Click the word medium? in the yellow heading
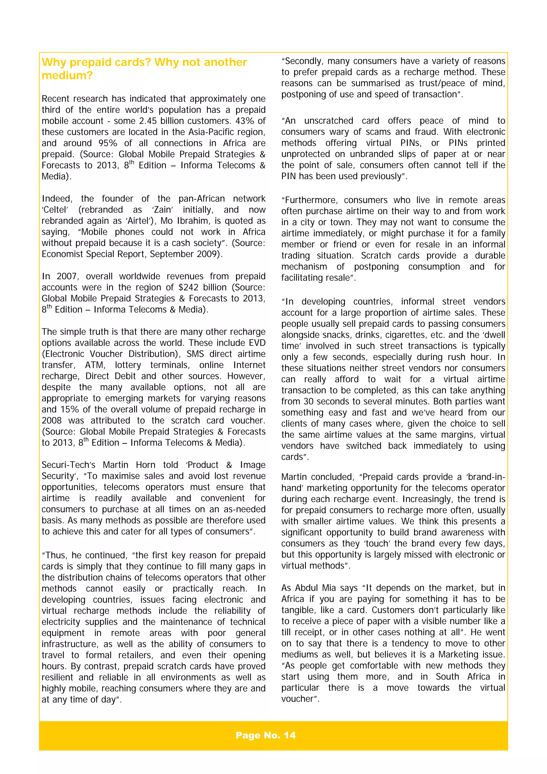[67, 76]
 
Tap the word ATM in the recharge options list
[95, 365]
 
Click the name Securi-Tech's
[68, 465]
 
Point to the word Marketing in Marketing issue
[460, 654]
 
